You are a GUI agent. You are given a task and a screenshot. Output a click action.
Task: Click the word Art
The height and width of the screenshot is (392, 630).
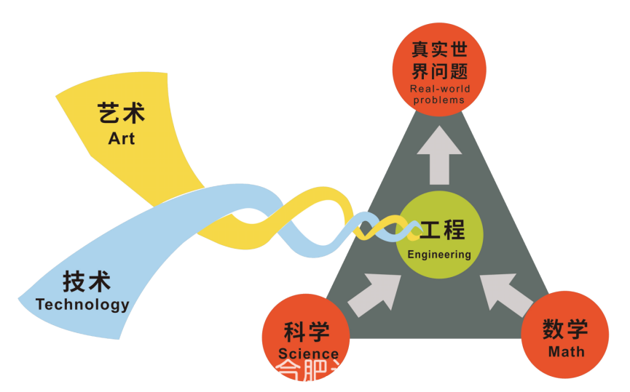[122, 137]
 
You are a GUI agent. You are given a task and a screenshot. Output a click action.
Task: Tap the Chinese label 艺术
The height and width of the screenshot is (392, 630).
[122, 113]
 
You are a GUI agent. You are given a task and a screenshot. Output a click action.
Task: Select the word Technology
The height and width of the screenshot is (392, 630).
[82, 304]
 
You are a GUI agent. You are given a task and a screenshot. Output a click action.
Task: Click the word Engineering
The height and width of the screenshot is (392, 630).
[439, 255]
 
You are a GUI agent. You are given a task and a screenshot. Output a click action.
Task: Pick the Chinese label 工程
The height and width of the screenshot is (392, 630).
[443, 230]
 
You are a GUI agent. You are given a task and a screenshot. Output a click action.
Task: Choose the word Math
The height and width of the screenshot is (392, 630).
[567, 352]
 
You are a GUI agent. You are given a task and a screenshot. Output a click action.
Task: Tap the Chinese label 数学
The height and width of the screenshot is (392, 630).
[565, 329]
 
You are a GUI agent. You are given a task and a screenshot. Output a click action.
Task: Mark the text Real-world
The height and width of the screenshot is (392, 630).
[440, 89]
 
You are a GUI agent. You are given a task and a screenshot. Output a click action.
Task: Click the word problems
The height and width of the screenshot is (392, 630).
[439, 100]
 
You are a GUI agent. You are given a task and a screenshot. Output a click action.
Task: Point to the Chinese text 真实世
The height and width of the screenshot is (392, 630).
[439, 49]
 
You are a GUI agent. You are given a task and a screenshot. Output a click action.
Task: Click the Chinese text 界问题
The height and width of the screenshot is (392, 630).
[439, 71]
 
